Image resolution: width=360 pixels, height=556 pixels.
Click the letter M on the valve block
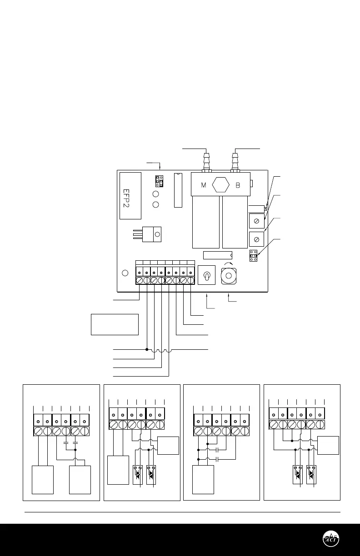tap(203, 186)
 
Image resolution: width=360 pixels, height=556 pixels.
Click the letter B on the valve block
tap(237, 186)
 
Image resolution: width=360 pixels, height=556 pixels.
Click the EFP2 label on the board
tap(130, 195)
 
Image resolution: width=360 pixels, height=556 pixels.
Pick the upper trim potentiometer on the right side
tap(257, 221)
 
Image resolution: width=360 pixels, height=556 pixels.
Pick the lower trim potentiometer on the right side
tap(257, 238)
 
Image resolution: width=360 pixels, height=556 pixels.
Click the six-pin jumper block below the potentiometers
tap(254, 256)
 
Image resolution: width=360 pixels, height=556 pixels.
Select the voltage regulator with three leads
tap(152, 234)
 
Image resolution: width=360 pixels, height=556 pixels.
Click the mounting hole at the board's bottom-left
tap(126, 273)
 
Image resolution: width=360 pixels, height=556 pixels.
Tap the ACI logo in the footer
tap(330, 539)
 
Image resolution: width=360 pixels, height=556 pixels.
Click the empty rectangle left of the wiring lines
tap(115, 324)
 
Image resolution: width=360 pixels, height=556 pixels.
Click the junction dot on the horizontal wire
tap(147, 349)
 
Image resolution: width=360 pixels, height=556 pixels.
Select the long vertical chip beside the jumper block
tap(177, 190)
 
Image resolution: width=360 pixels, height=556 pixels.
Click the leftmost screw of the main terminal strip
tap(140, 281)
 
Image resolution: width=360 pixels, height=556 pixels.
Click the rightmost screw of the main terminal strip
tap(191, 281)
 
